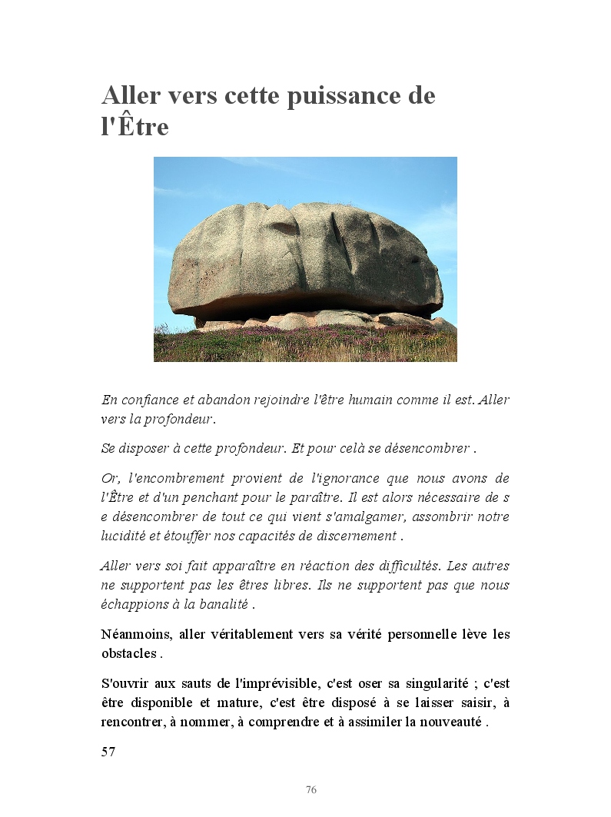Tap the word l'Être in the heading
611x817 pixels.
(134, 126)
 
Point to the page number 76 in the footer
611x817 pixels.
(311, 790)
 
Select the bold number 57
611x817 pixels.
(108, 752)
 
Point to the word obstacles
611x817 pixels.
(128, 654)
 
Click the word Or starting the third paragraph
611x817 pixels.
(109, 479)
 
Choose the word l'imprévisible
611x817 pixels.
(267, 683)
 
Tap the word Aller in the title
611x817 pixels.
(131, 97)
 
